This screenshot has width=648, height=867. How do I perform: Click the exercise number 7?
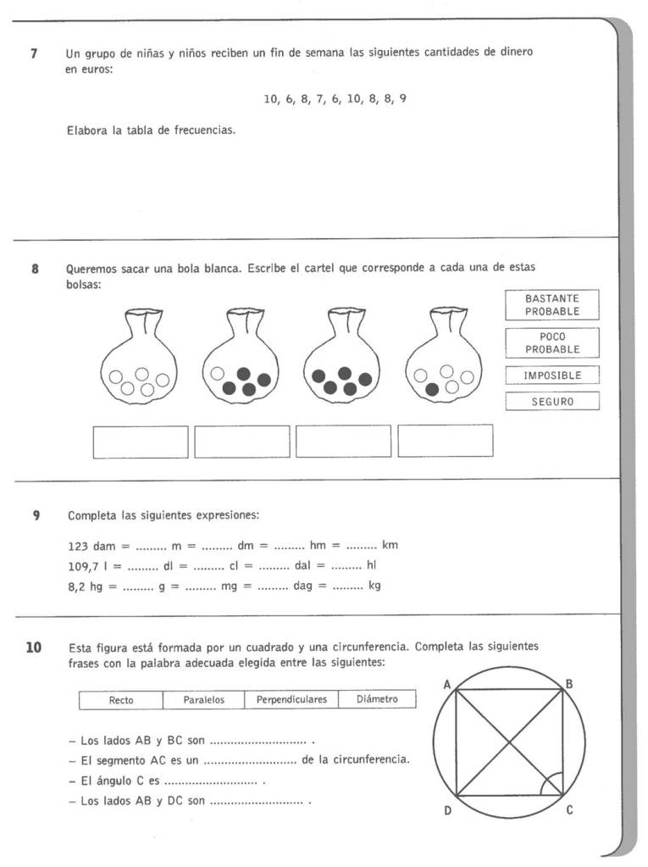click(x=34, y=53)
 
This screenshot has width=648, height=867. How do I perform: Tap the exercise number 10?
click(x=34, y=648)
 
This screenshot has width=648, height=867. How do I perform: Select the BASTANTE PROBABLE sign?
click(x=551, y=305)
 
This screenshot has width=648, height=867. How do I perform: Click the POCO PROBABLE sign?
click(x=551, y=343)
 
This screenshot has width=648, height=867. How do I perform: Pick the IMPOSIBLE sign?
click(x=551, y=375)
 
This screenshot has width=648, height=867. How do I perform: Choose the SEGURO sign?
click(x=551, y=402)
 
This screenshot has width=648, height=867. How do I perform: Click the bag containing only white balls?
click(x=139, y=360)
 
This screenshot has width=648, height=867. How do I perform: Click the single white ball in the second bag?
click(x=218, y=373)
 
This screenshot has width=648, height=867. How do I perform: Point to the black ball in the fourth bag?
click(x=433, y=389)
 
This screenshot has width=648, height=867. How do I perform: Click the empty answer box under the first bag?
click(x=141, y=441)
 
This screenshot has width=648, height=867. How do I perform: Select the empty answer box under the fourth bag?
click(x=445, y=441)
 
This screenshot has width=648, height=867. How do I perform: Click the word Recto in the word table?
click(x=121, y=700)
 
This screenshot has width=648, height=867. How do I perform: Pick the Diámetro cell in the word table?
click(x=377, y=700)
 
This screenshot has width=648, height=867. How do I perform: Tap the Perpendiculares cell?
click(x=291, y=700)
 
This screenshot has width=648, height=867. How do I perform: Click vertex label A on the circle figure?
click(x=446, y=684)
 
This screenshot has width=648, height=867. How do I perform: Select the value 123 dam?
click(x=91, y=545)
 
